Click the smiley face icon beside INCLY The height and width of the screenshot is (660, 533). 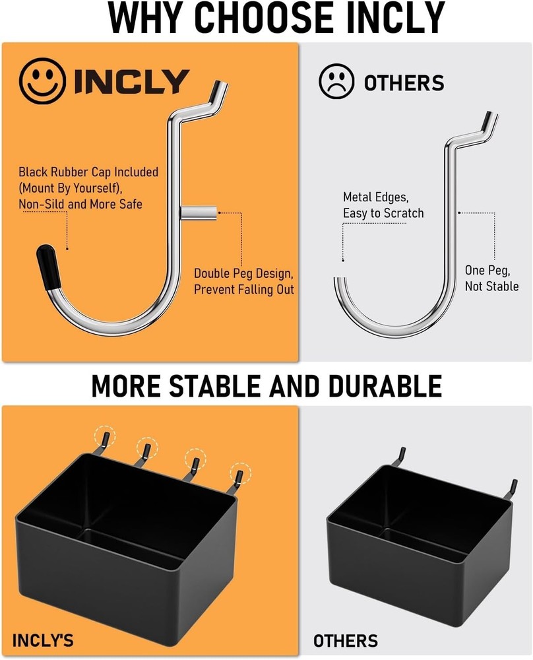(43, 82)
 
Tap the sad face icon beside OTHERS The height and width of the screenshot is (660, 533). (336, 82)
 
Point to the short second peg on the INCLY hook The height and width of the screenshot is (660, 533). (199, 213)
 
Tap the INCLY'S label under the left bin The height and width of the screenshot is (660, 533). (43, 640)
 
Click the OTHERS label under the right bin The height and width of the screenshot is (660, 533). (346, 640)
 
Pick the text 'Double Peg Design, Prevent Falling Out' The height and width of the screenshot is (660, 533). (243, 281)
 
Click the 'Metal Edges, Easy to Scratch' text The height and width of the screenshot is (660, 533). (383, 205)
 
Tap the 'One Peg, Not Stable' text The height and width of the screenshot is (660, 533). (491, 278)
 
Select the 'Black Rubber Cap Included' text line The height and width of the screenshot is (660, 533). (88, 172)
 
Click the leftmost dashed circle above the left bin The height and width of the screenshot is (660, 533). (104, 435)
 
